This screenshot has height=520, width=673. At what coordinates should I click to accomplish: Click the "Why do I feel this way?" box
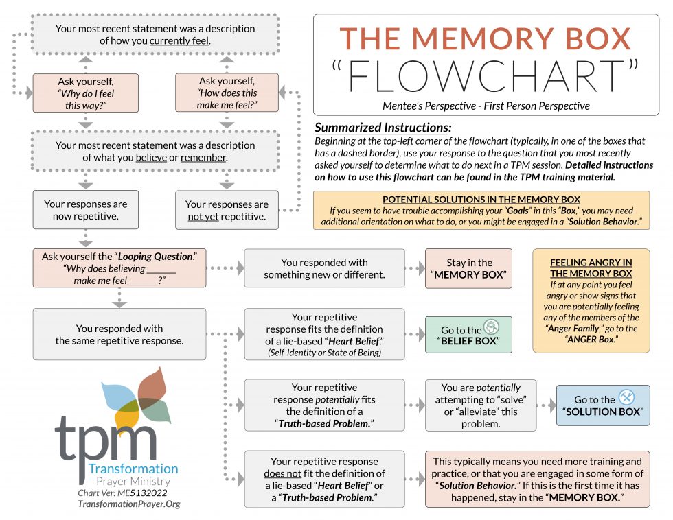86,93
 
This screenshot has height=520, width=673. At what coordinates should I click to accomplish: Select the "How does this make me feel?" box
227,93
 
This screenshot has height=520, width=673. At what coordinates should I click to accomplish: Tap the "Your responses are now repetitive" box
86,210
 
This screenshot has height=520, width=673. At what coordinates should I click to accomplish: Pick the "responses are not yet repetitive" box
227,210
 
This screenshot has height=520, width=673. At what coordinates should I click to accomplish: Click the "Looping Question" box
119,268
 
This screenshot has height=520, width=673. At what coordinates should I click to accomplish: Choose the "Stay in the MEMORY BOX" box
468,268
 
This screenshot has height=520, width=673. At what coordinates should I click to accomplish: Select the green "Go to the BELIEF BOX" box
468,335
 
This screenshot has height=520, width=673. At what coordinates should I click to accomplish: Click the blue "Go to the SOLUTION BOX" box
603,405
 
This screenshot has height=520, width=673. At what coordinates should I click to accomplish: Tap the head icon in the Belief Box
492,327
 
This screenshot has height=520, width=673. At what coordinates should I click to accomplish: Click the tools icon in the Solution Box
626,397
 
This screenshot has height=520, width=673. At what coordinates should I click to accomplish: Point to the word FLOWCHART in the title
486,76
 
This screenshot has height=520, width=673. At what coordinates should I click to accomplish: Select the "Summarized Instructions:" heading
383,128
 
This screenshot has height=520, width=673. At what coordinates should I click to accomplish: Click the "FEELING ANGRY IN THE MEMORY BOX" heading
591,268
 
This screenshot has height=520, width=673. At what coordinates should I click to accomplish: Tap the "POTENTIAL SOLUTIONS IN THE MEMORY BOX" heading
481,200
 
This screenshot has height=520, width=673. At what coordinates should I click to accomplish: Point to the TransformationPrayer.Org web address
129,504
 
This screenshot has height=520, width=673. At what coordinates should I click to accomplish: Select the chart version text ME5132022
142,493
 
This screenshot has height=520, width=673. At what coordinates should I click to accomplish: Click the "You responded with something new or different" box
324,268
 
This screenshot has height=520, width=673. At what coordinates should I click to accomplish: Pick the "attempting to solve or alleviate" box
481,405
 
